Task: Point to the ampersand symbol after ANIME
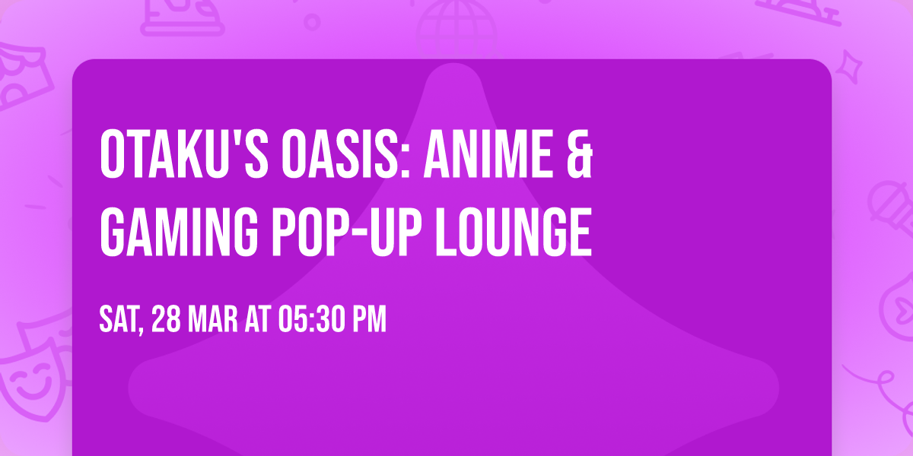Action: pyautogui.click(x=578, y=154)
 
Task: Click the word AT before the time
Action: pyautogui.click(x=257, y=320)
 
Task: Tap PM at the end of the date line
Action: pyautogui.click(x=369, y=320)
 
